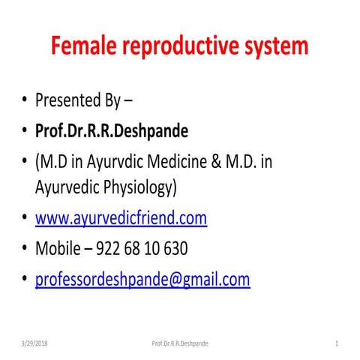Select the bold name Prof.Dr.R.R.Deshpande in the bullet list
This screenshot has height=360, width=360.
tap(111, 131)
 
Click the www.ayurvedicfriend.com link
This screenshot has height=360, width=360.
tap(121, 218)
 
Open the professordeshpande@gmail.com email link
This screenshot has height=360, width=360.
tap(142, 279)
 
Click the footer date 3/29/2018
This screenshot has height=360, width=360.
tap(34, 343)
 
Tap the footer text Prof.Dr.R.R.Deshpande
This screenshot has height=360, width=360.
tap(180, 343)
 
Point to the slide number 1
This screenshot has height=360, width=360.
tap(337, 343)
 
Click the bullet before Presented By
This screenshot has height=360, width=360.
tap(25, 101)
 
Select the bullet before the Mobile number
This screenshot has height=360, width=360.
tap(25, 248)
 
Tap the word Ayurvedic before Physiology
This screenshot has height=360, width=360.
tap(69, 187)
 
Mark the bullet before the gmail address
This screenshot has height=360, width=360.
tap(25, 279)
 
